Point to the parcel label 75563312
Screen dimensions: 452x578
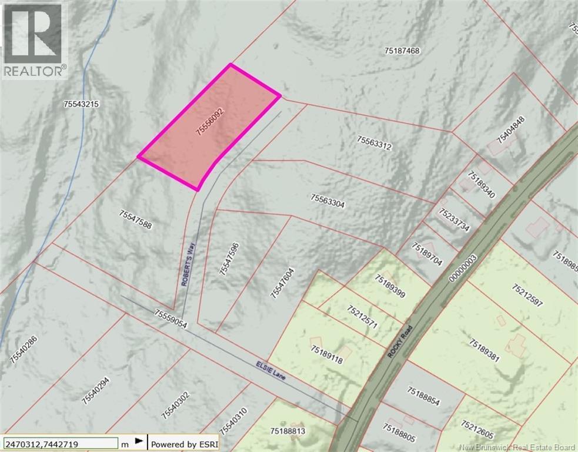coord(374,142)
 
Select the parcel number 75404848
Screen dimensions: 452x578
coord(510,130)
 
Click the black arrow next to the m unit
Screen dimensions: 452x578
coord(139,441)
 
